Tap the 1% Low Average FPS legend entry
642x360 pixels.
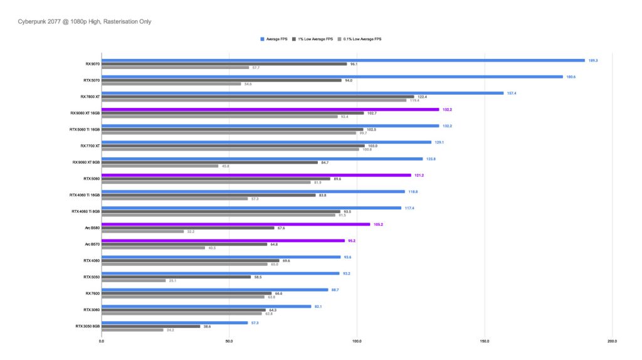317,39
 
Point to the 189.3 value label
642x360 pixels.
593,60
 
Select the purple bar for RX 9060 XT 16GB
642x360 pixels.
270,109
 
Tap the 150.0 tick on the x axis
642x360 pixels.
485,341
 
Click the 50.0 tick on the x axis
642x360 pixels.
229,341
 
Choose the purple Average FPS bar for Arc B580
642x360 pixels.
236,223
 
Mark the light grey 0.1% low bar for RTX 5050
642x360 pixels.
134,280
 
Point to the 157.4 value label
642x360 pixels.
512,93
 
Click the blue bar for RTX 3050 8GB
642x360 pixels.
175,322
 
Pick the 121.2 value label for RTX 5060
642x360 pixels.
419,175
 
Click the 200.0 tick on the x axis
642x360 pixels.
612,341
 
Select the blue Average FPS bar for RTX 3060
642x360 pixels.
206,306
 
